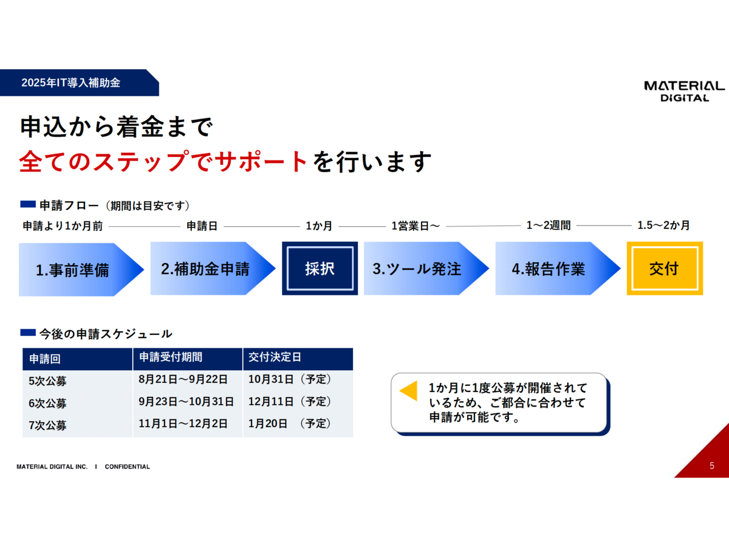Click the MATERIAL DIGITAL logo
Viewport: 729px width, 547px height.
point(684,91)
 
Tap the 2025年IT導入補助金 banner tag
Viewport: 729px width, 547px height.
point(80,83)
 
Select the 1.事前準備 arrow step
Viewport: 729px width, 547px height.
point(81,270)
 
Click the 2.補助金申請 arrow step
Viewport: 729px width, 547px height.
point(213,269)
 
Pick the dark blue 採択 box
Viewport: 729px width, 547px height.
point(320,269)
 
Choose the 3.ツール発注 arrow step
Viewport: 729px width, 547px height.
point(426,269)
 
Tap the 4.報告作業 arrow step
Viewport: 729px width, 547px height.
point(558,269)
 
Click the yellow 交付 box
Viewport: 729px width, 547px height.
point(665,269)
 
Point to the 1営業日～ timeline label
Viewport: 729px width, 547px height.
point(416,226)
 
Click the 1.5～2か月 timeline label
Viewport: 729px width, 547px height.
point(663,225)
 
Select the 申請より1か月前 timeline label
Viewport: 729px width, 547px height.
point(63,226)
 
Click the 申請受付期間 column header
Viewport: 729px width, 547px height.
point(171,357)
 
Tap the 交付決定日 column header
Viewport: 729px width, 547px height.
point(275,357)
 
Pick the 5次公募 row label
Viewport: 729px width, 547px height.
point(47,381)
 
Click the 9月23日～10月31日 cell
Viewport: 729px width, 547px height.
point(186,402)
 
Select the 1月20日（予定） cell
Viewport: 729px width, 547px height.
point(290,424)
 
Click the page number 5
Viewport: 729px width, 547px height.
point(712,466)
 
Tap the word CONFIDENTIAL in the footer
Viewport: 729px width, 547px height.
point(127,467)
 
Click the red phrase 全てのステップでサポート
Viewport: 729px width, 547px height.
point(163,162)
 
